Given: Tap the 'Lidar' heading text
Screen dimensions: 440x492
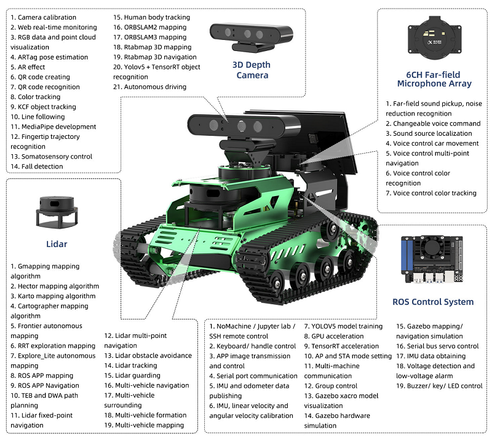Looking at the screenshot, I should (x=57, y=244).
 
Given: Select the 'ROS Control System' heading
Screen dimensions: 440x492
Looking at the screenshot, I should (x=433, y=302).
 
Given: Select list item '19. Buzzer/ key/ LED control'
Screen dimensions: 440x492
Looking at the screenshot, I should (x=439, y=386).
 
